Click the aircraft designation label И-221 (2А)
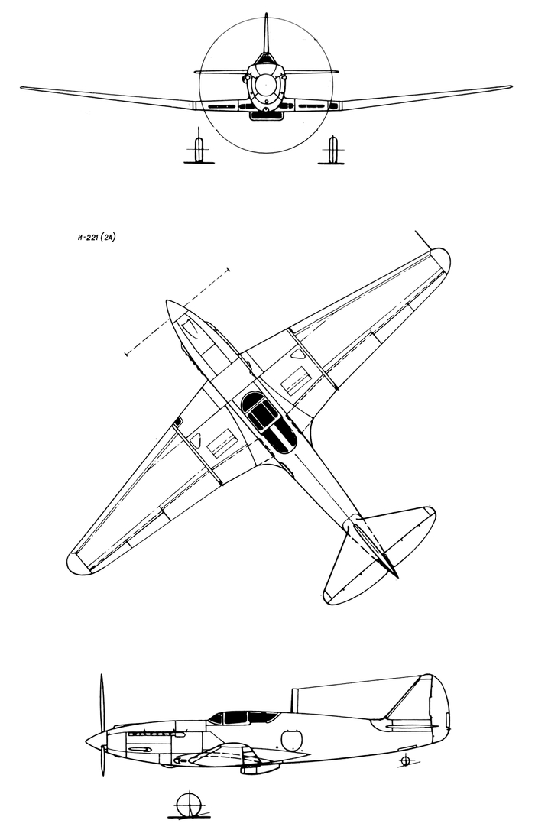pos(96,238)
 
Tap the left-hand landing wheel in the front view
pos(199,150)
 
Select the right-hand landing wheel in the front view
pos(332,150)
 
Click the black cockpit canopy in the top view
pos(268,422)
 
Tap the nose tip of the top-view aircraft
pos(167,303)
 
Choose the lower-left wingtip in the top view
pos(77,563)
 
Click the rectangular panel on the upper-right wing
pos(295,381)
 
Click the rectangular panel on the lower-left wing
pos(222,443)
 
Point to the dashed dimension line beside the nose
pos(177,313)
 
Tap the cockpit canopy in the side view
pos(243,717)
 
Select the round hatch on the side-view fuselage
pos(291,740)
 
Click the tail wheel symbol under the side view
pos(405,760)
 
